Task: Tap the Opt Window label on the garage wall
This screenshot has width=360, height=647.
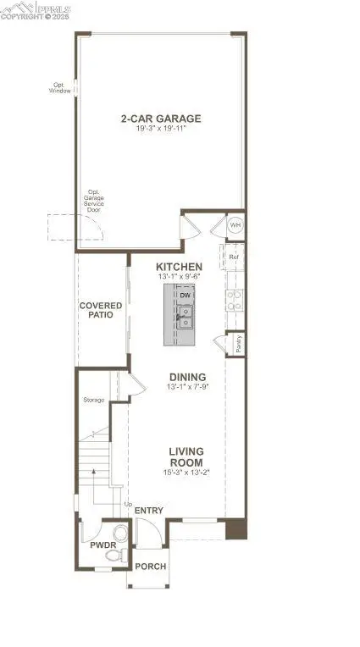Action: point(60,88)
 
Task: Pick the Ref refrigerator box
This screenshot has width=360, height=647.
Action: point(232,255)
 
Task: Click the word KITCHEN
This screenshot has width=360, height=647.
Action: point(179,266)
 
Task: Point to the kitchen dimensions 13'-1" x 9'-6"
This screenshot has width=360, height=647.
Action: point(179,276)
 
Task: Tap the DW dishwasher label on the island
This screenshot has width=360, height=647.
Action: point(184,295)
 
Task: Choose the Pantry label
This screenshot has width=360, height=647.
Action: point(240,344)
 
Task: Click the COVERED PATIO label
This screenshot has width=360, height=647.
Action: point(101,310)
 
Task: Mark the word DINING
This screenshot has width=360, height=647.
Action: point(184,378)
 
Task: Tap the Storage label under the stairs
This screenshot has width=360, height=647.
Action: point(93,399)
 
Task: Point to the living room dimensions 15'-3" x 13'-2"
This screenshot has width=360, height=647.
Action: point(185,472)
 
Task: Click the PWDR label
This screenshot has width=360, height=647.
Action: point(102,545)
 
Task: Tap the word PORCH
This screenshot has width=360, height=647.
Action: point(150,567)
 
